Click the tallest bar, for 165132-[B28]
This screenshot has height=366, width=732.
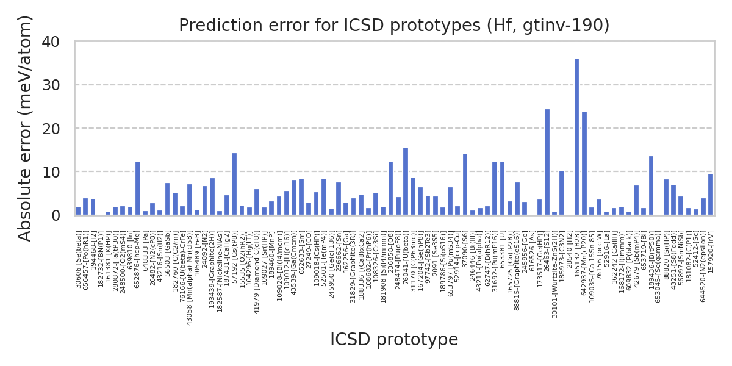tap(576, 137)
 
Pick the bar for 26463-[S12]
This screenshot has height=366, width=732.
tap(547, 162)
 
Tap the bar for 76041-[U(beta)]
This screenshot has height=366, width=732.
tap(406, 181)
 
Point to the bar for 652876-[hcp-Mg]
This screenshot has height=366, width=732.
tap(138, 188)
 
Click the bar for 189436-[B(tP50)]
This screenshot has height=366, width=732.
tap(651, 186)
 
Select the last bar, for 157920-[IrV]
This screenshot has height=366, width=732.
tap(710, 195)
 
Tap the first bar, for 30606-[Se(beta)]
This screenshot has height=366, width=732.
tap(78, 211)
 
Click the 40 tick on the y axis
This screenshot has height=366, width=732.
tap(60, 42)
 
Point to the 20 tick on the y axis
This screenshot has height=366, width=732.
tap(60, 129)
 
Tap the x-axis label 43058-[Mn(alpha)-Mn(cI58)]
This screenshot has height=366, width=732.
tap(190, 278)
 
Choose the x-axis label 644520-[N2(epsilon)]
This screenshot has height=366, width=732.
tap(703, 267)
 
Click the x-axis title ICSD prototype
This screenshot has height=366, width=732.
tap(394, 340)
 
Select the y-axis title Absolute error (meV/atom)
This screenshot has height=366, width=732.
tap(25, 128)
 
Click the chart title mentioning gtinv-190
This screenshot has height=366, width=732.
tap(394, 26)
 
